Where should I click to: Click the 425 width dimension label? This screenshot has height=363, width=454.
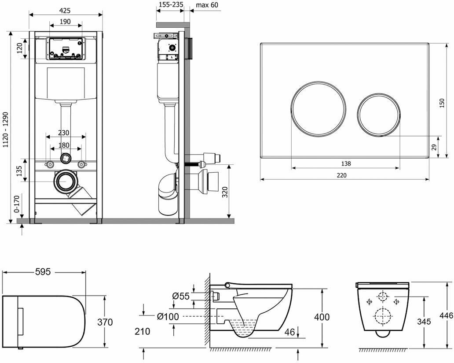[x=66, y=10]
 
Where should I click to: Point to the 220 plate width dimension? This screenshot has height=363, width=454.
[x=342, y=175]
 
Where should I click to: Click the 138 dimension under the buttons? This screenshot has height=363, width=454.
[x=346, y=163]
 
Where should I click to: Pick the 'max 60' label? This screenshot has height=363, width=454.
[x=207, y=5]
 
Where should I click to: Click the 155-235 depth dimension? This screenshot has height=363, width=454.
[x=170, y=5]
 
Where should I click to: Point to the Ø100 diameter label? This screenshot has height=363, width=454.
[x=168, y=316]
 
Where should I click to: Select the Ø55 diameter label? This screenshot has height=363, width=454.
[x=181, y=296]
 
